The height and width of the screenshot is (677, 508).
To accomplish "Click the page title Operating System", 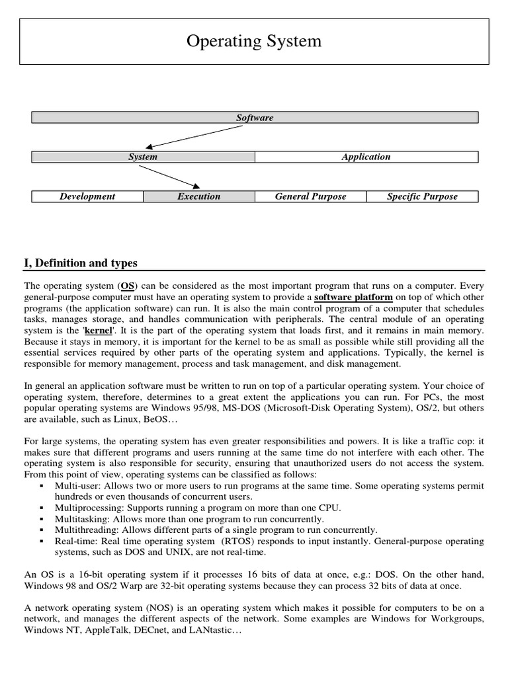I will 254,41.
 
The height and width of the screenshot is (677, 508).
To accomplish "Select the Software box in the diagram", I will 255,118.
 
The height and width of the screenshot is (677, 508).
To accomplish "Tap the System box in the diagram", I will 143,157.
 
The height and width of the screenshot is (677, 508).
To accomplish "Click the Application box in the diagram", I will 366,157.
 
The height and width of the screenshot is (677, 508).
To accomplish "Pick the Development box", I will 87,196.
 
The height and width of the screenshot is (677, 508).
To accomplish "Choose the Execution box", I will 199,196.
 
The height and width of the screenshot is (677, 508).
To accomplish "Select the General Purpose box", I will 310,196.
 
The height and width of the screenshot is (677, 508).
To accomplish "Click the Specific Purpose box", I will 422,196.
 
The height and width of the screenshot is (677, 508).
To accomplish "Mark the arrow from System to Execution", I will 169,177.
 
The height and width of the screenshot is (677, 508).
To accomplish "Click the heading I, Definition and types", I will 81,263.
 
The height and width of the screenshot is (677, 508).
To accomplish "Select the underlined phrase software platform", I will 353,298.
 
